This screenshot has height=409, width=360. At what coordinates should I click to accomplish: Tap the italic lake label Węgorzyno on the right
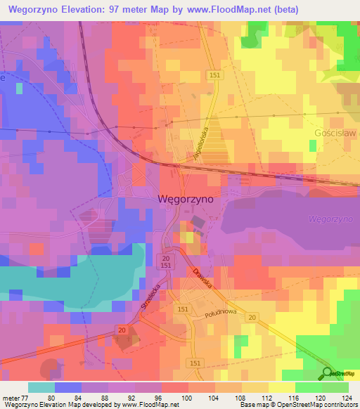click(330, 219)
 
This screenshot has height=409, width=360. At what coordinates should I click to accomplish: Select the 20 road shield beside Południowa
click(251, 318)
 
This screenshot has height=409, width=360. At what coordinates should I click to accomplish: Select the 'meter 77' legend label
click(13, 398)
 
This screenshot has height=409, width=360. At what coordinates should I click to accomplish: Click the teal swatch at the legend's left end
click(41, 388)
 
